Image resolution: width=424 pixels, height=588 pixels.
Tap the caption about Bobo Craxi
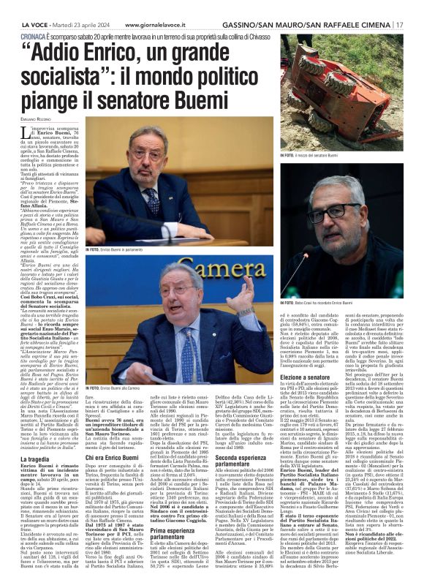318,301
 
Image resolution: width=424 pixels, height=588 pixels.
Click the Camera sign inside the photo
190,282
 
